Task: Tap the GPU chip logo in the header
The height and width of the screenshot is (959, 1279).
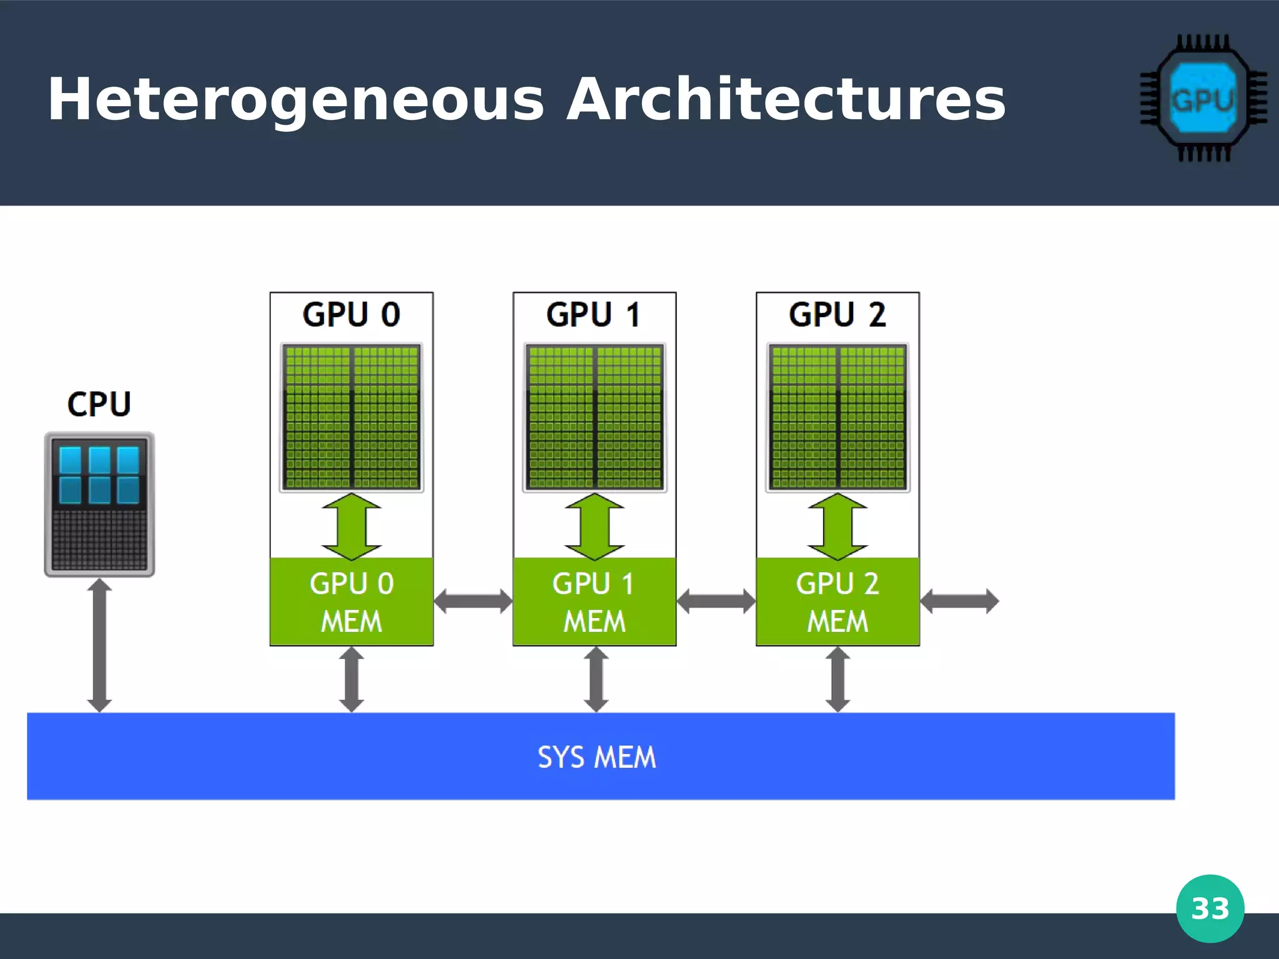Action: click(1202, 99)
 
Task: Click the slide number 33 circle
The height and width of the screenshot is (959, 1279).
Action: click(1210, 908)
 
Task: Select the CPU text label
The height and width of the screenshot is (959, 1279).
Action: click(99, 404)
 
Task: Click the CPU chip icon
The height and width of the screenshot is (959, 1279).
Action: click(99, 504)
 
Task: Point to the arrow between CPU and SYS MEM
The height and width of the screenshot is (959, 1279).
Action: click(99, 645)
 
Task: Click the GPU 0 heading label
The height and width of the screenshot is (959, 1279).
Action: click(351, 314)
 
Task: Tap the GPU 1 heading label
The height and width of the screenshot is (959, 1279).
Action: click(593, 314)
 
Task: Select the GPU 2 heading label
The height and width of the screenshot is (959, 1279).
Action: click(837, 314)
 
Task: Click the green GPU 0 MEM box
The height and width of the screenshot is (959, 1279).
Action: click(351, 601)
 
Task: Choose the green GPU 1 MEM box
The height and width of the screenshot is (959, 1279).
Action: click(594, 601)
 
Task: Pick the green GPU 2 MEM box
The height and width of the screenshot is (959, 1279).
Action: click(837, 601)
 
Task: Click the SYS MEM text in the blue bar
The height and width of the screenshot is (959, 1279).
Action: click(596, 757)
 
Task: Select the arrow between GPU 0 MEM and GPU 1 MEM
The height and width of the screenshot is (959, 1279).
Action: click(473, 601)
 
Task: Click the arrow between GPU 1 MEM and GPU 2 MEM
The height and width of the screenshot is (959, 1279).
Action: click(716, 601)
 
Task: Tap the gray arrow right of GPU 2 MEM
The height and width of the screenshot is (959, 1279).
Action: click(959, 601)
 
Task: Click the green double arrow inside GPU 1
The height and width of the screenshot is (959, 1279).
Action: click(594, 526)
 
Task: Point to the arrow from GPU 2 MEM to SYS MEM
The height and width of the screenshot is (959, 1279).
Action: click(837, 679)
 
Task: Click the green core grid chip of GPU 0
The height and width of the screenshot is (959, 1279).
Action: click(351, 417)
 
